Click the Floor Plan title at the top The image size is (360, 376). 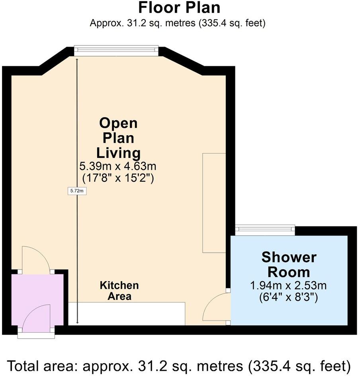pos(179,8)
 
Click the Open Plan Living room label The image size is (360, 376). pos(118,138)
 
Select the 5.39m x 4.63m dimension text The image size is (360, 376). pos(118,166)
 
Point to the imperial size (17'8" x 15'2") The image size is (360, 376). pos(118,178)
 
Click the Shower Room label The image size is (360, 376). pos(289,265)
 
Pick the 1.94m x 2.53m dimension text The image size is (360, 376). pos(289,285)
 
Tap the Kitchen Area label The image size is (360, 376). pos(119,291)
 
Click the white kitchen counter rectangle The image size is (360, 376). pos(127,313)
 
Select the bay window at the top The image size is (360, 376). pos(117,49)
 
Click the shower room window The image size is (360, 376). pos(264,229)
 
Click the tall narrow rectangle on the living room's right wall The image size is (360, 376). pos(214,203)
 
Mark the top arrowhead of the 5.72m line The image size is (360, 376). pos(77,58)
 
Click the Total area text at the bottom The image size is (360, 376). pos(179,365)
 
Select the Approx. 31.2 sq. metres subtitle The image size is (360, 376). pos(178,23)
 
